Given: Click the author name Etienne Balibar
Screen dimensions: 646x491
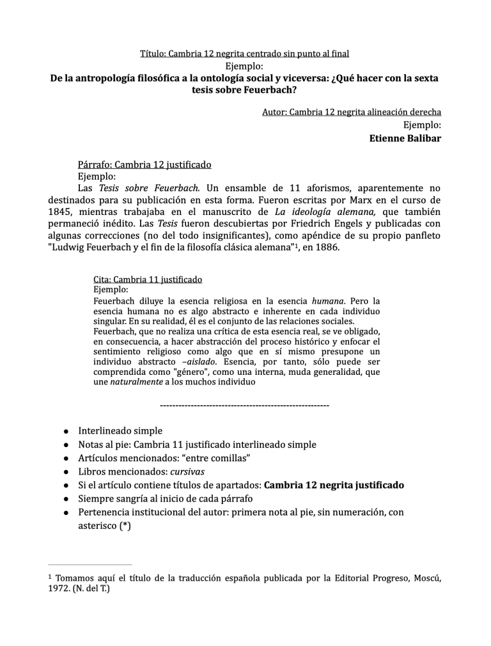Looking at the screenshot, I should point(405,138).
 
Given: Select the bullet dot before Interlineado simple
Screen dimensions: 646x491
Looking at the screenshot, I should point(66,431).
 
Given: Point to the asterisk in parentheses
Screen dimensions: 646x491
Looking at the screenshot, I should point(125,525).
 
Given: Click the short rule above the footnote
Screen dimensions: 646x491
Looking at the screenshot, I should point(90,564).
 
